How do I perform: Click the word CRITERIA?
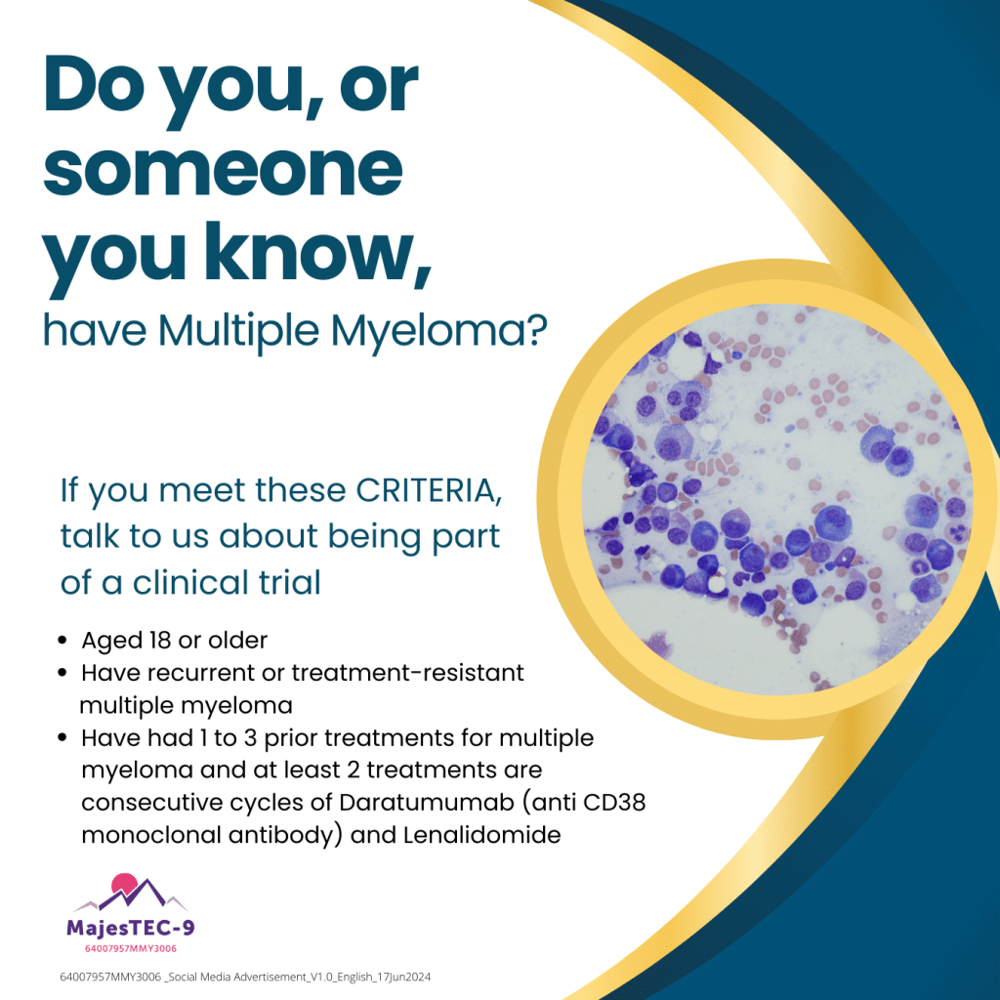click(x=428, y=491)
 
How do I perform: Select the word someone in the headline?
click(x=223, y=170)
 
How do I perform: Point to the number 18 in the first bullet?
click(x=159, y=641)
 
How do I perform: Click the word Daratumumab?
click(x=426, y=803)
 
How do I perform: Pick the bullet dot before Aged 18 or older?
click(x=62, y=641)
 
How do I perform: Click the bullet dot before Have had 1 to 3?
click(x=62, y=738)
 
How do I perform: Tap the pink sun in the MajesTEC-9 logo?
click(x=124, y=885)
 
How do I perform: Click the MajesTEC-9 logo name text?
click(x=131, y=928)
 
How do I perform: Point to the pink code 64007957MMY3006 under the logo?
click(x=131, y=948)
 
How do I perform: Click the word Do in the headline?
click(x=94, y=85)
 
